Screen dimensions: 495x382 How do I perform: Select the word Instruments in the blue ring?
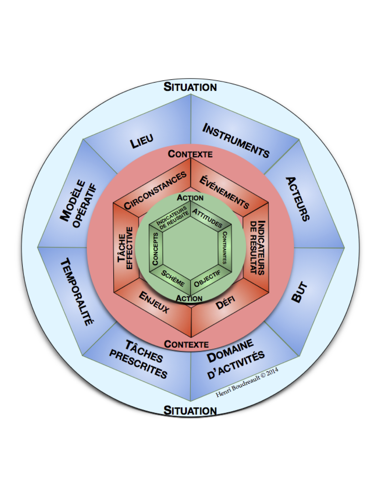coord(236,140)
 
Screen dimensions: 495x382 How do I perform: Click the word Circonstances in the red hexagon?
coord(155,190)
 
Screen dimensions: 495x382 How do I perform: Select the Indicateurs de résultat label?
coord(257,247)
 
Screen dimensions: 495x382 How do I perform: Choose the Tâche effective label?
coord(125,248)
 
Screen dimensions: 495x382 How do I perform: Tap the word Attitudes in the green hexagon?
coord(207,217)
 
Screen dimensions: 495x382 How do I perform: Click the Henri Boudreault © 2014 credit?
coord(247,382)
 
